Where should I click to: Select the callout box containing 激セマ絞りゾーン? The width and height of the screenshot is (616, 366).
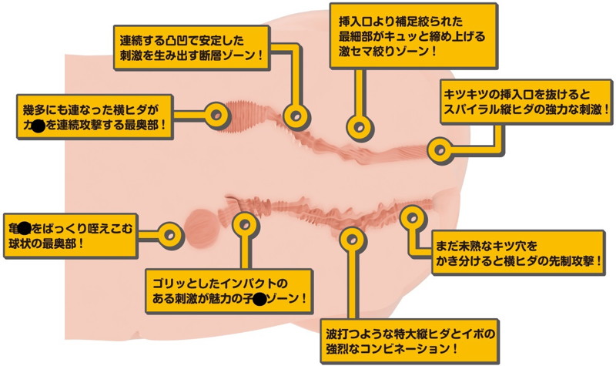(x=410, y=35)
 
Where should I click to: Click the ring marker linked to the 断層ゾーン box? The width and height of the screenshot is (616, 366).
(x=293, y=116)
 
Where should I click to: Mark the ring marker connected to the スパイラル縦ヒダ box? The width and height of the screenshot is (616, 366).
(x=439, y=148)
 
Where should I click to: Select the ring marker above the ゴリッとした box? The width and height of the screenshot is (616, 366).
(x=244, y=226)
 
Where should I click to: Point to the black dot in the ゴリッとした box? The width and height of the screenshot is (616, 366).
(x=261, y=298)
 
